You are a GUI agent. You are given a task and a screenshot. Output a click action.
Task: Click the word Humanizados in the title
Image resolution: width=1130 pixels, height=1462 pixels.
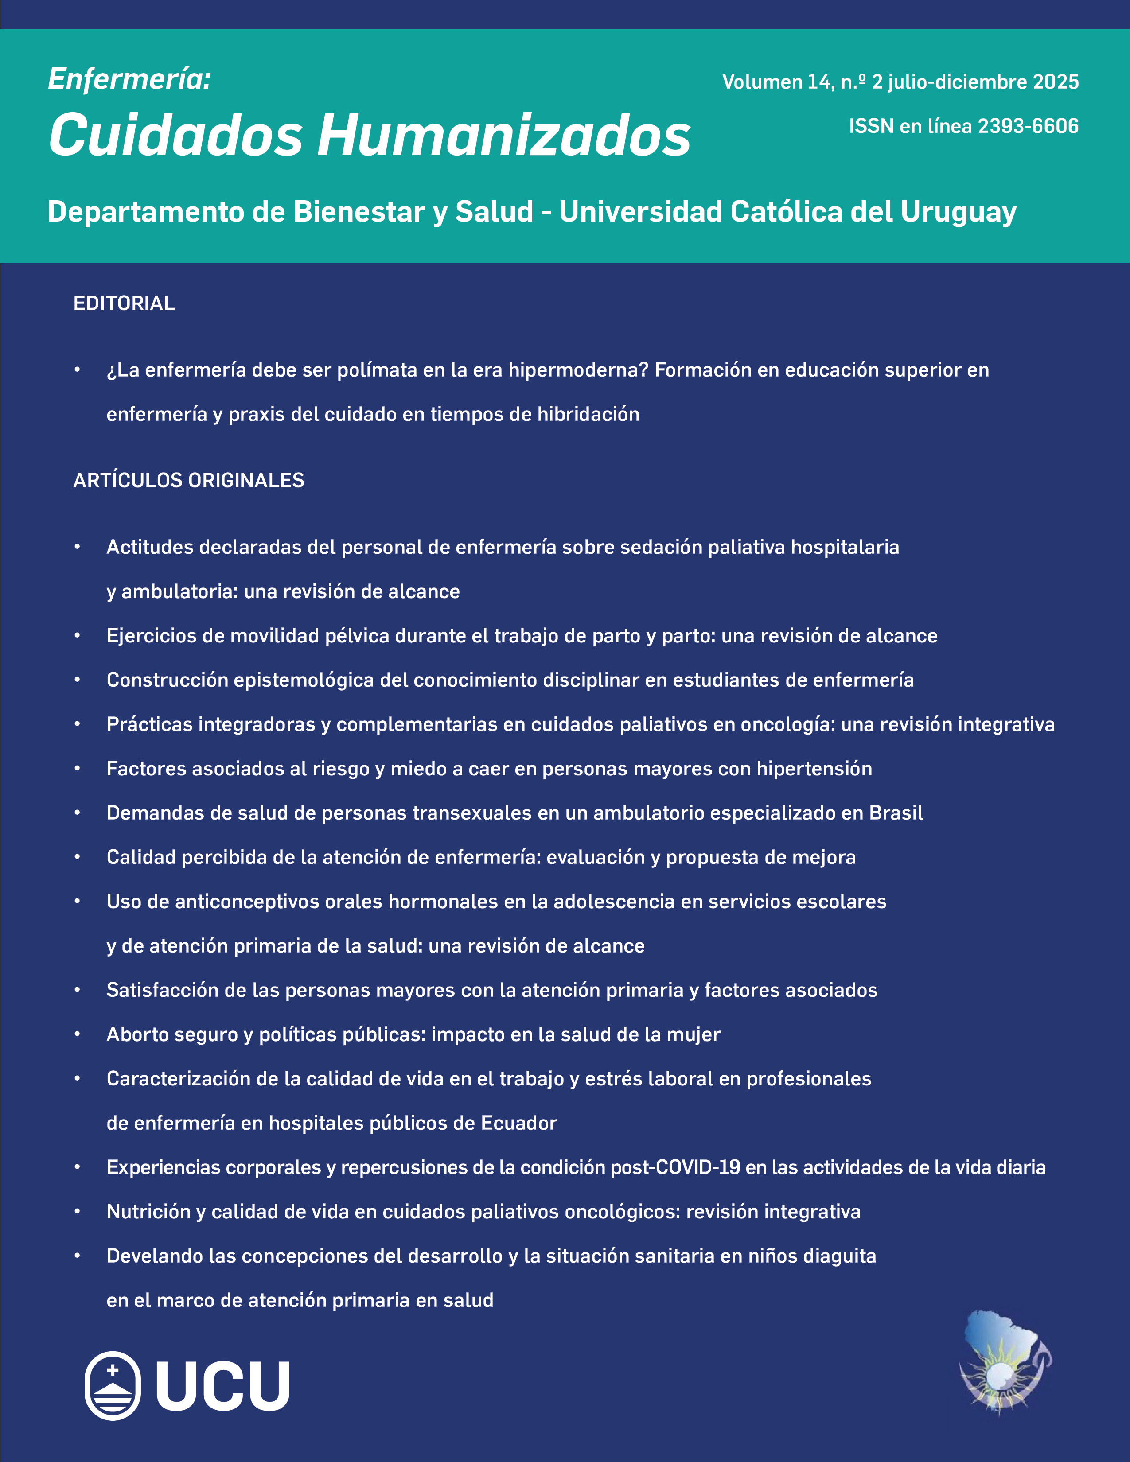click(503, 136)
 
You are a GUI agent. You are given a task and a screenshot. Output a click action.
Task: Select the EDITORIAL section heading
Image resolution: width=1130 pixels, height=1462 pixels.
click(124, 303)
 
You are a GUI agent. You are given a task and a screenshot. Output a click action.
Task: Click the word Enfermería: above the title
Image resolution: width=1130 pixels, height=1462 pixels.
click(129, 79)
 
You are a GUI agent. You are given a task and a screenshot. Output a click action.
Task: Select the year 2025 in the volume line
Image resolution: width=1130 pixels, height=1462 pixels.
click(1056, 82)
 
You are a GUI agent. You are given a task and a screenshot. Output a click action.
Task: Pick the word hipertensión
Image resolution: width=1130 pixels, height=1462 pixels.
click(814, 769)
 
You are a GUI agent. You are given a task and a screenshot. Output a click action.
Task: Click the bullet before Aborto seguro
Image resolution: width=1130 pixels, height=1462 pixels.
click(77, 1034)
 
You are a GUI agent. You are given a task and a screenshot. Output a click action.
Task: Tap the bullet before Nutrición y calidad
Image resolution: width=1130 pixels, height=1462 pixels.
click(77, 1212)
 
